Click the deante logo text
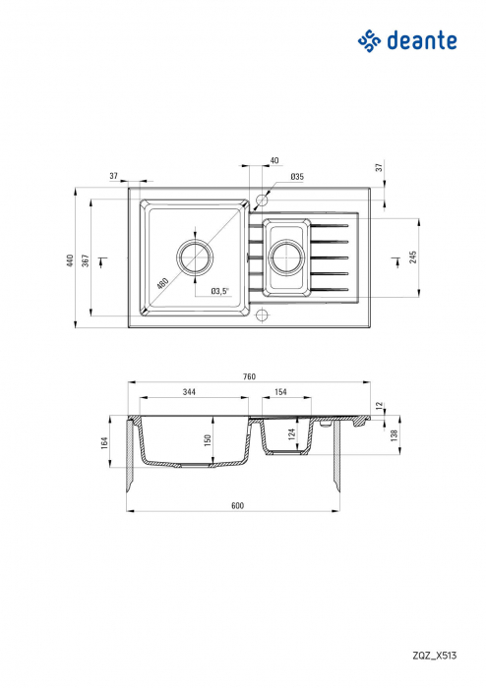pyautogui.click(x=422, y=41)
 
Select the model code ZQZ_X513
pyautogui.click(x=434, y=656)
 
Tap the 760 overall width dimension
pyautogui.click(x=249, y=376)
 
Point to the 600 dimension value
pyautogui.click(x=237, y=505)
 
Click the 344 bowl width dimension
pyautogui.click(x=189, y=392)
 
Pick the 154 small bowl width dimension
pyautogui.click(x=280, y=392)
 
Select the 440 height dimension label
pyautogui.click(x=70, y=260)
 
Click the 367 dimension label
pyautogui.click(x=86, y=260)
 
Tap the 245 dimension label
pyautogui.click(x=412, y=258)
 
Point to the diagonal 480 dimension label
pyautogui.click(x=162, y=283)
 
